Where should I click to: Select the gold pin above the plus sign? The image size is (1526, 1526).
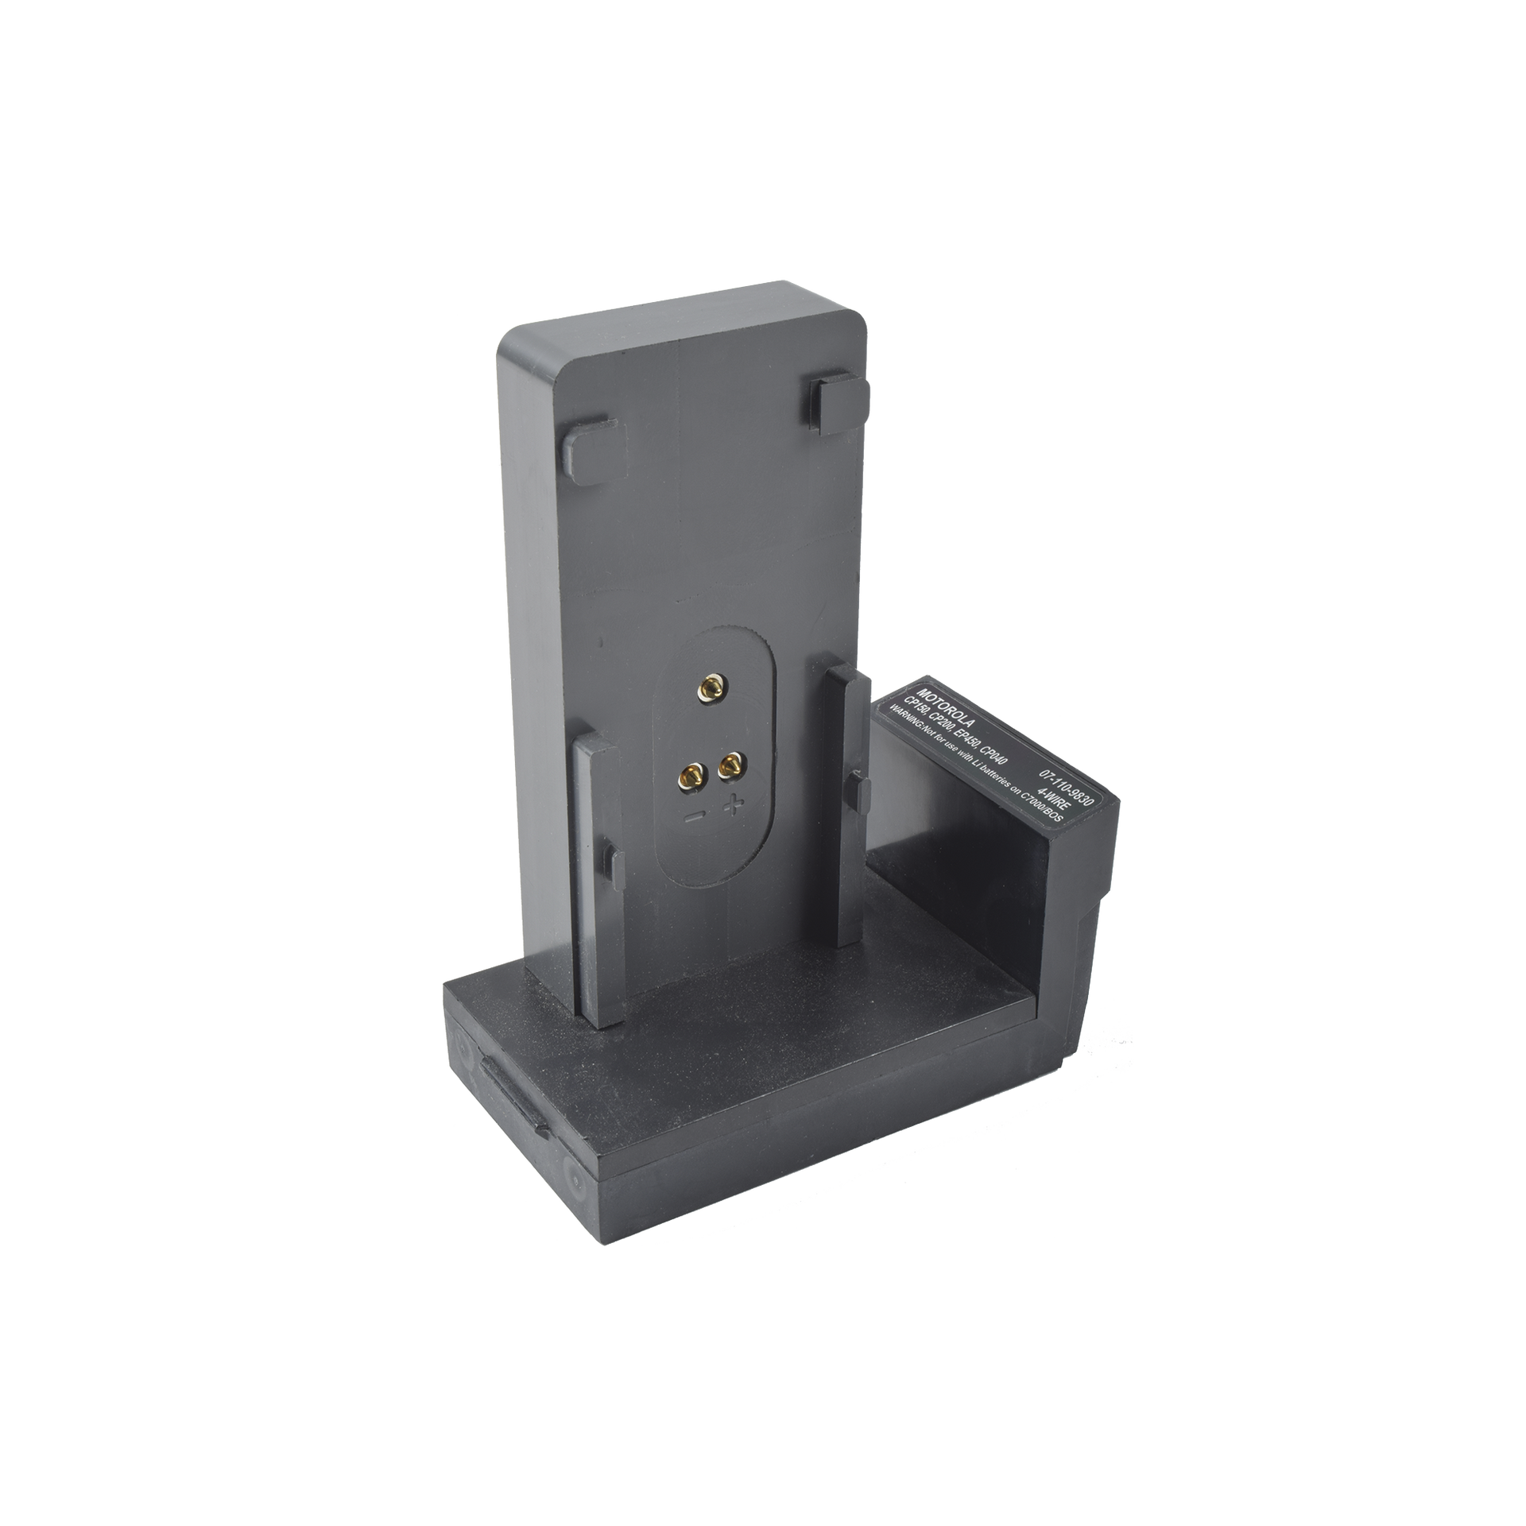point(730,765)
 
